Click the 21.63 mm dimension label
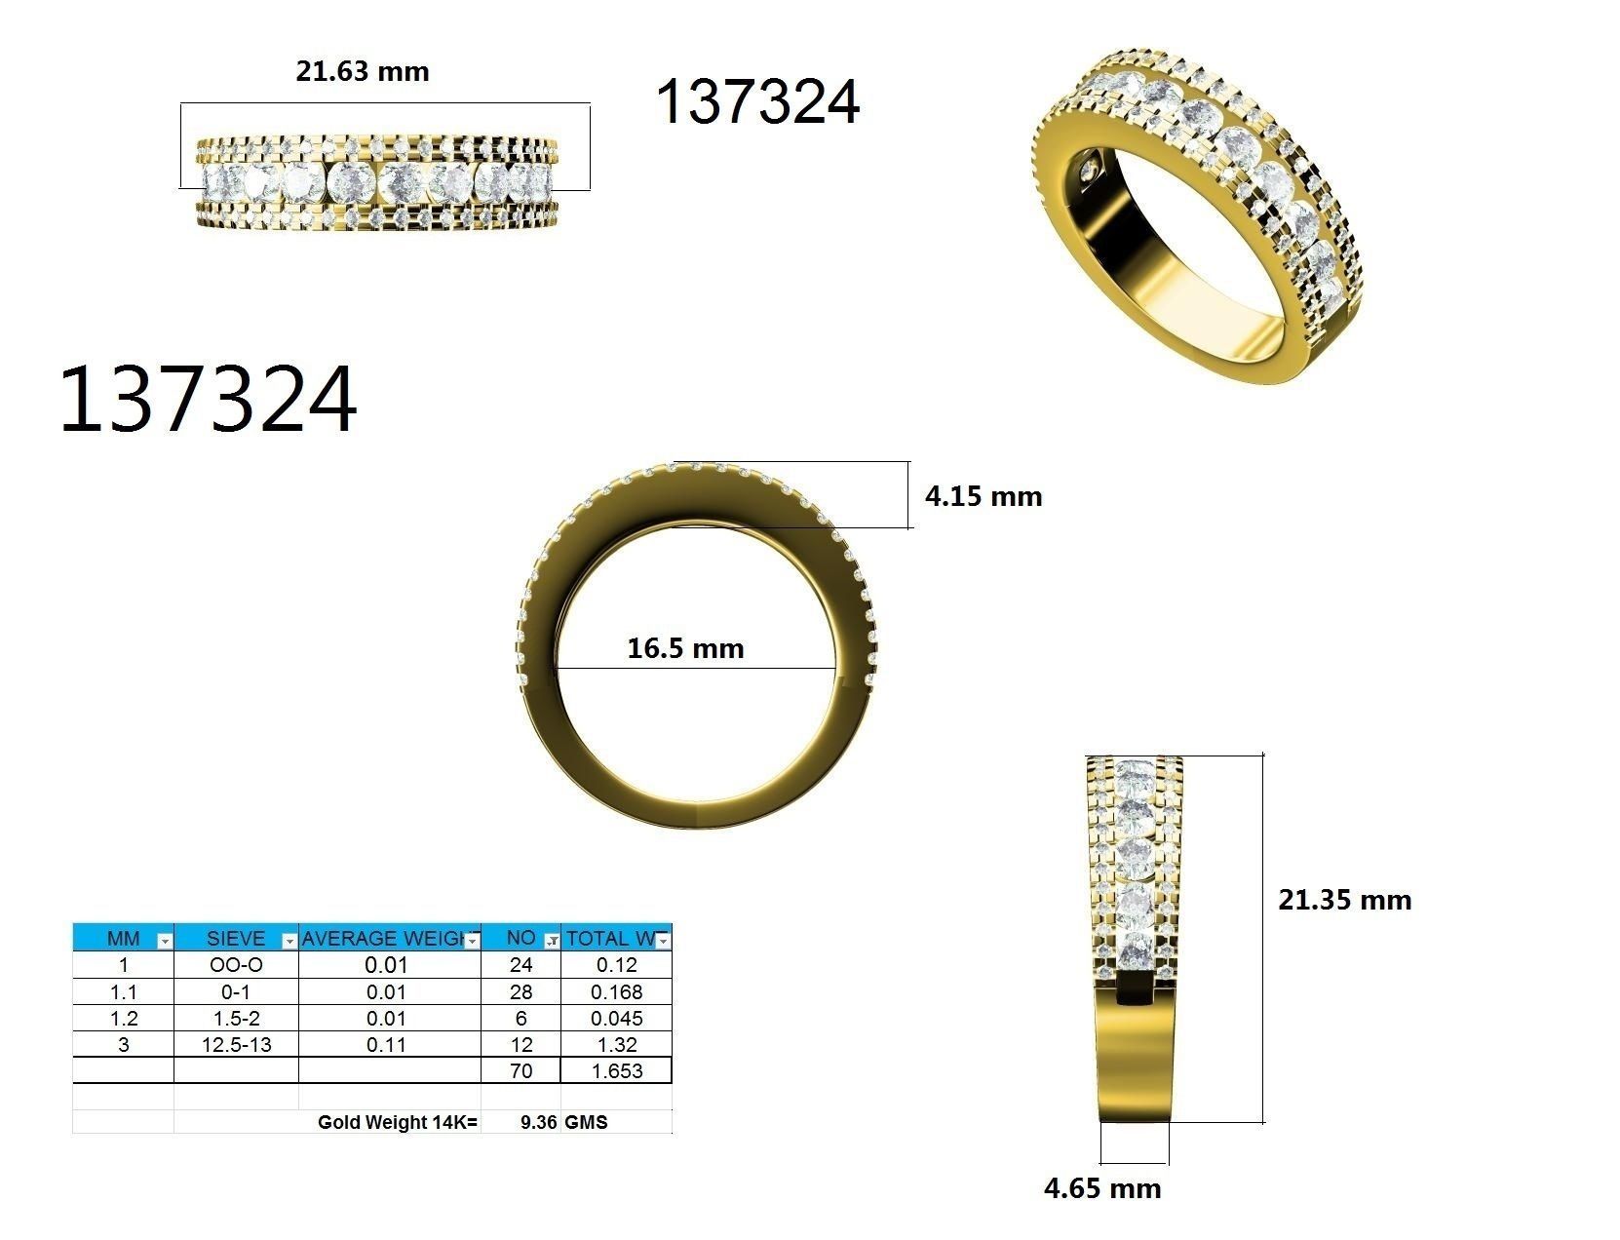pos(363,72)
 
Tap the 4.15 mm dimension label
pos(983,496)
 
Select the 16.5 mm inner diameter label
pos(685,648)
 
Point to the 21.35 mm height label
pos(1344,900)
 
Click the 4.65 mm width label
pos(1102,1188)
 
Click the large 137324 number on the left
pos(208,400)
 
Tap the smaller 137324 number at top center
pos(758,102)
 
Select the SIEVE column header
pos(235,939)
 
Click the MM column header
pos(124,939)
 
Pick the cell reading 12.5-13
pos(235,1044)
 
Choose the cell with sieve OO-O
pos(235,965)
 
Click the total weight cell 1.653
pos(616,1070)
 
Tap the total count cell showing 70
pos(521,1070)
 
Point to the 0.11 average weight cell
pos(387,1044)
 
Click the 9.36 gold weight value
pos(538,1122)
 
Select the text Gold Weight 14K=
pos(398,1122)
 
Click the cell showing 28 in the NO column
pos(521,991)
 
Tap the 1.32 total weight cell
pos(616,1044)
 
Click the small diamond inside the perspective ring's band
pos(1091,171)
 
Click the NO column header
pos(521,939)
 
